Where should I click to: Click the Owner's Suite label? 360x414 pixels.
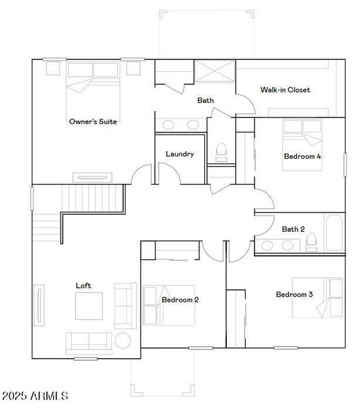[x=92, y=121]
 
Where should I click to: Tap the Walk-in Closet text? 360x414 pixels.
[x=285, y=90]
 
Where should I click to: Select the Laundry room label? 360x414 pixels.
[x=179, y=154]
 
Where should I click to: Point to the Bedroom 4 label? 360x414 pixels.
[x=302, y=156]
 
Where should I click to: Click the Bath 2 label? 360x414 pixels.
[x=293, y=229]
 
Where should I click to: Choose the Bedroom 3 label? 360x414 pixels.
[x=294, y=295]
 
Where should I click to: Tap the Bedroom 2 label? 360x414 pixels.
[x=180, y=299]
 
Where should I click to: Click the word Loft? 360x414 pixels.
[x=83, y=285]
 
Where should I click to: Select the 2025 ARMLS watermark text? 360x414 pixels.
[x=35, y=396]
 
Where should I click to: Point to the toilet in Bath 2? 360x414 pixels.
[x=311, y=241]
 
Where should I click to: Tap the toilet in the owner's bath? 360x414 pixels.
[x=221, y=151]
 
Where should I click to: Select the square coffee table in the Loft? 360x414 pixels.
[x=88, y=306]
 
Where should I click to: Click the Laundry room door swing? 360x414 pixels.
[x=171, y=177]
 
